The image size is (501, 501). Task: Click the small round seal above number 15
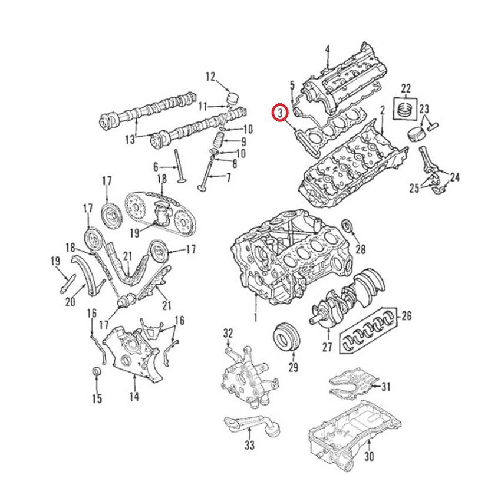coord(97,373)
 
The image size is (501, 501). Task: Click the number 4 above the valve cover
coord(328,48)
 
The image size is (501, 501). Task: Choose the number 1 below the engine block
coord(255,318)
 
